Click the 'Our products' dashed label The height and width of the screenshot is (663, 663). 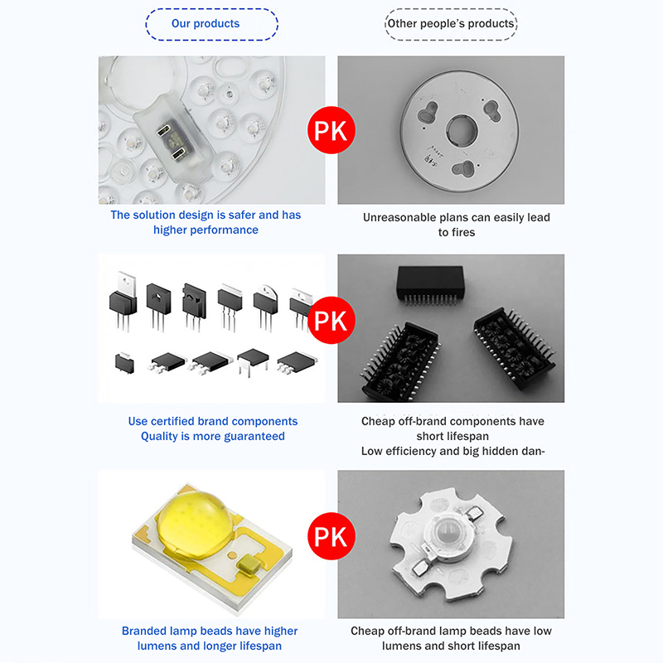click(211, 24)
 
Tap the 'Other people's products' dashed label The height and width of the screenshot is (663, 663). click(451, 24)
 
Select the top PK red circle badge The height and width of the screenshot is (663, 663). click(331, 130)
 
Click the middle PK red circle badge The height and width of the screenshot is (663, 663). click(331, 320)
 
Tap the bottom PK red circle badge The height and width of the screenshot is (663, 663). click(331, 536)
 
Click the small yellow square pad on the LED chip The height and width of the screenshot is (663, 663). click(249, 565)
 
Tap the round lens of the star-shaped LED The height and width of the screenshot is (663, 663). click(447, 534)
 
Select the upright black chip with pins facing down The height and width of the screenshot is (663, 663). click(430, 285)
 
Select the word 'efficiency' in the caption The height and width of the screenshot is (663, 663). click(410, 452)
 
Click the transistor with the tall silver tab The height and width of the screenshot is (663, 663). click(123, 301)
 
